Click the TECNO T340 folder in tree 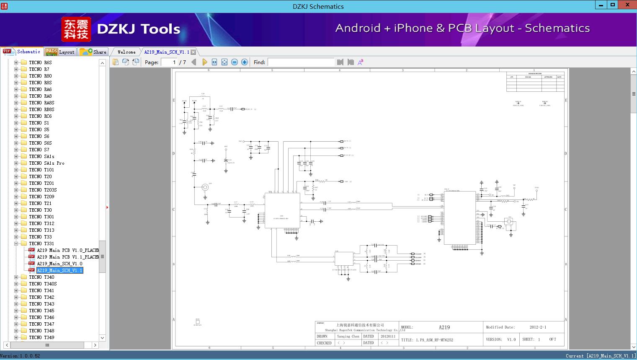[41, 277]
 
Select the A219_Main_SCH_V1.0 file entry [59, 264]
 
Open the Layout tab [60, 52]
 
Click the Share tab [94, 52]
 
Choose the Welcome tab [126, 52]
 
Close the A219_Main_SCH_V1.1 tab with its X [193, 52]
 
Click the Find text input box [301, 62]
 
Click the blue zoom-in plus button [245, 62]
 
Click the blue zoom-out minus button [235, 62]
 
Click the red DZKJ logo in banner [76, 29]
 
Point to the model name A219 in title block [444, 327]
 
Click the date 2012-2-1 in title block [538, 327]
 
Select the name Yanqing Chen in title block [348, 336]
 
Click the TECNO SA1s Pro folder [46, 163]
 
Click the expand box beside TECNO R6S [16, 62]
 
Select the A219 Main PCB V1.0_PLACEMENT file [67, 250]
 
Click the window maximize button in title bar [613, 5]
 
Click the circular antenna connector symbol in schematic [205, 187]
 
